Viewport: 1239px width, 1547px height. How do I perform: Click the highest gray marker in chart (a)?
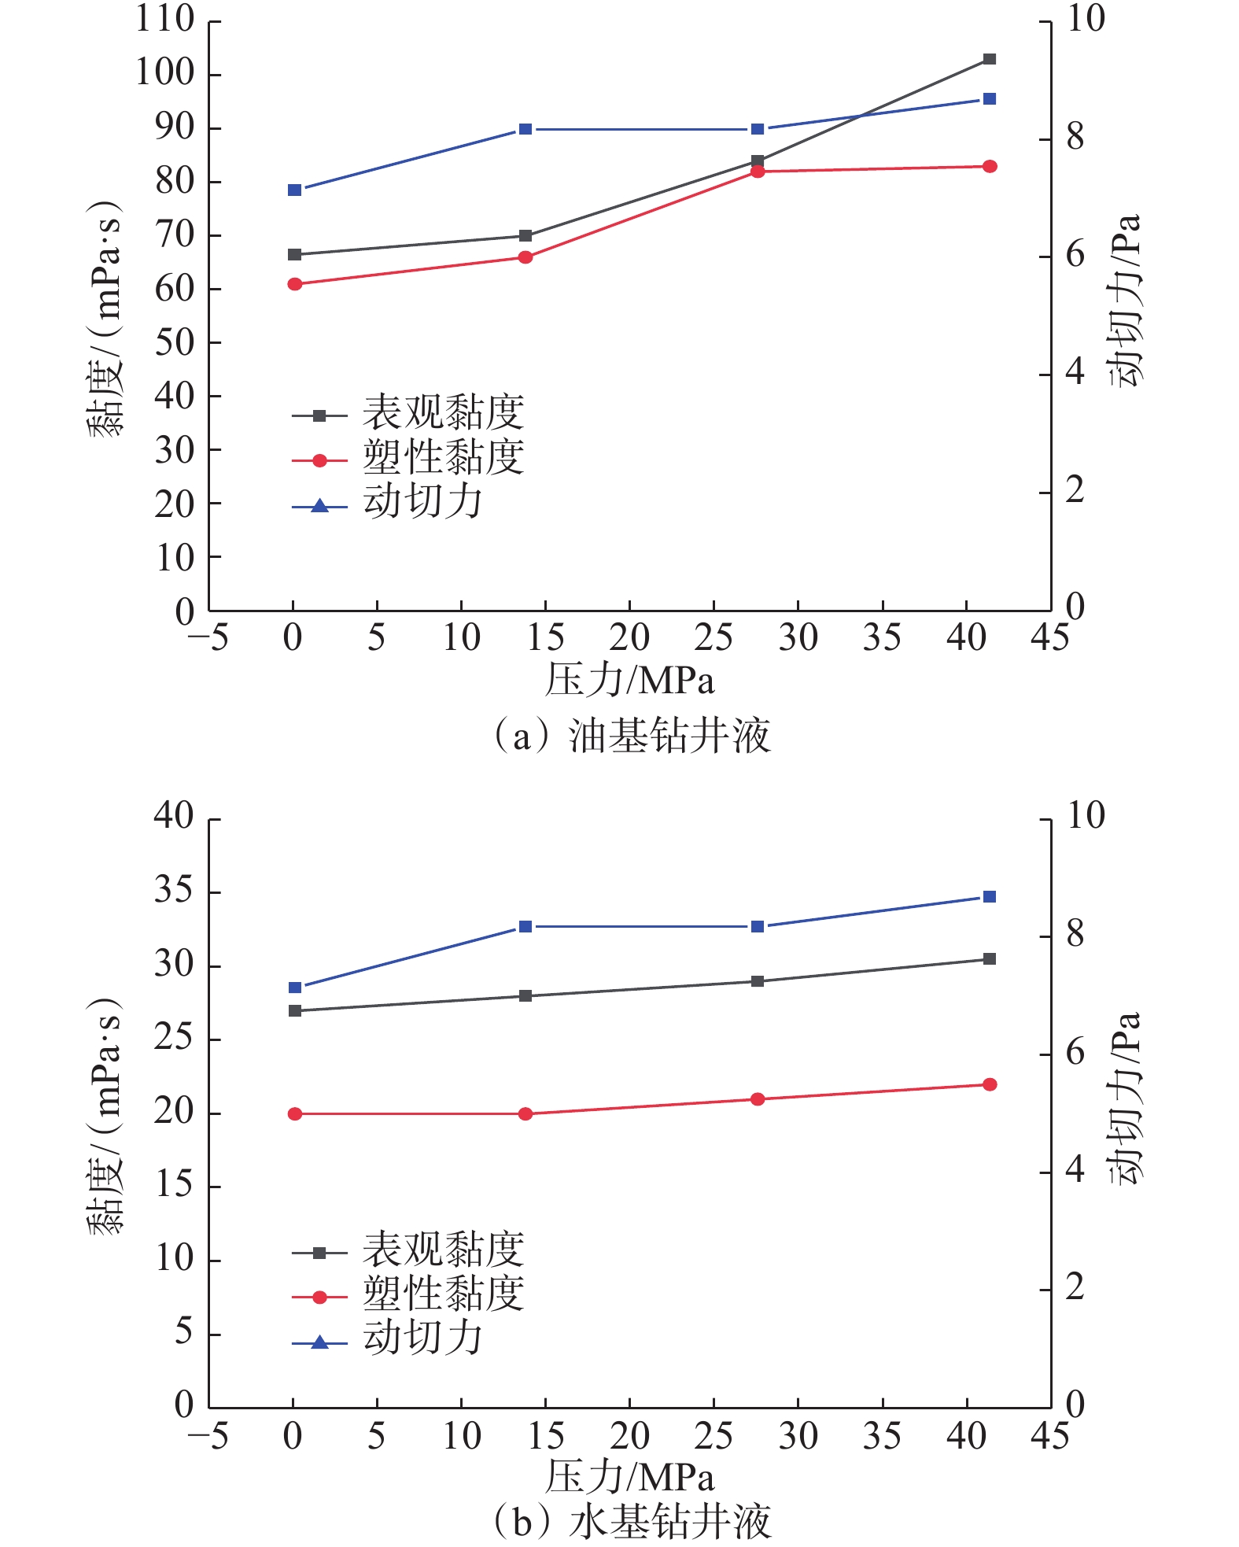[990, 59]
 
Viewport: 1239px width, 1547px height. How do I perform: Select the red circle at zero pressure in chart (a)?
[295, 284]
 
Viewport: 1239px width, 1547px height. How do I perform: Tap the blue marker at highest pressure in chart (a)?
[990, 99]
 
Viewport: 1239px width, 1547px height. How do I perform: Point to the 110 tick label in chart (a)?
[164, 19]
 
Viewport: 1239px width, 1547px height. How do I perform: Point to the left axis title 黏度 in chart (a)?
[105, 319]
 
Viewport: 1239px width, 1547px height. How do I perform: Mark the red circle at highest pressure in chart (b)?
[990, 1085]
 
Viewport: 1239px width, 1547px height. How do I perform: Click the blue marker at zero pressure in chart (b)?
[295, 988]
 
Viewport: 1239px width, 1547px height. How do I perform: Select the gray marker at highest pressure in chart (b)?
[990, 959]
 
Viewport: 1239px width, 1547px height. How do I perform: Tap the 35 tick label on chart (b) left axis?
[174, 891]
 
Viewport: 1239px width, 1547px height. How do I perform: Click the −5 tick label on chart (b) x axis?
[208, 1436]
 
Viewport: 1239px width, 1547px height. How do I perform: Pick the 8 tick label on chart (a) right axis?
[1075, 138]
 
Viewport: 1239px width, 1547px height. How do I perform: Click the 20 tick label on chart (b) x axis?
[629, 1436]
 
